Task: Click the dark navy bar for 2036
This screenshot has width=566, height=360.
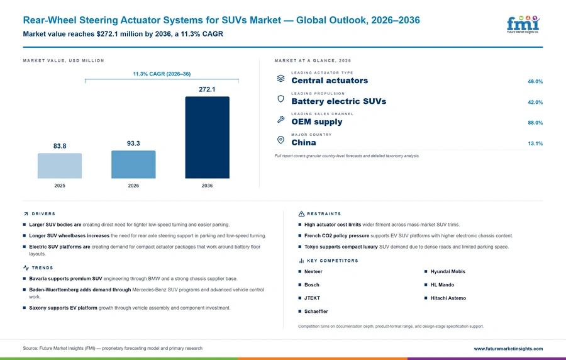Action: click(207, 137)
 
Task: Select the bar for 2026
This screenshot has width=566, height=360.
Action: click(133, 164)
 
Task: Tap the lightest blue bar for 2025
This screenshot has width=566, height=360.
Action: click(60, 166)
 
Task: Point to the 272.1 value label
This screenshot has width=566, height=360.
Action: click(207, 89)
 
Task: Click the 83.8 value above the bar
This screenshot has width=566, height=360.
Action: click(60, 146)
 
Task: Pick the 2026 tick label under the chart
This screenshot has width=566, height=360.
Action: click(133, 186)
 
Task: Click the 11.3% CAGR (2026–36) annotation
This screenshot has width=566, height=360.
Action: click(162, 74)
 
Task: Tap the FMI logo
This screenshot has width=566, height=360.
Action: click(523, 25)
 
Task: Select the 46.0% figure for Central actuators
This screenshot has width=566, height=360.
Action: click(535, 82)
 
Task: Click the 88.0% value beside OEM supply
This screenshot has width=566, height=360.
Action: click(535, 123)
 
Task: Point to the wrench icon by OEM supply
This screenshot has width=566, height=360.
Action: click(280, 120)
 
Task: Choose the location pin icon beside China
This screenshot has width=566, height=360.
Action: click(280, 140)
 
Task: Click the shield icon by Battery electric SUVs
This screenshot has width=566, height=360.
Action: click(280, 99)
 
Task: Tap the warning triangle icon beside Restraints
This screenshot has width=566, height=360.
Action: click(301, 214)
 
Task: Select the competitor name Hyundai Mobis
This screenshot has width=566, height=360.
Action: click(448, 271)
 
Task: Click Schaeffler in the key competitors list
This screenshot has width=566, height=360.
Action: click(316, 312)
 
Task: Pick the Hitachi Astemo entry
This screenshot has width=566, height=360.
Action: click(448, 298)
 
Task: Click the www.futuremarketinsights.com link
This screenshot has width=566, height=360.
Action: click(508, 349)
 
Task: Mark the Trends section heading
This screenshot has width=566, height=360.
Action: click(42, 268)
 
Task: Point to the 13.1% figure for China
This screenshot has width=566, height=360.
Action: click(535, 143)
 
